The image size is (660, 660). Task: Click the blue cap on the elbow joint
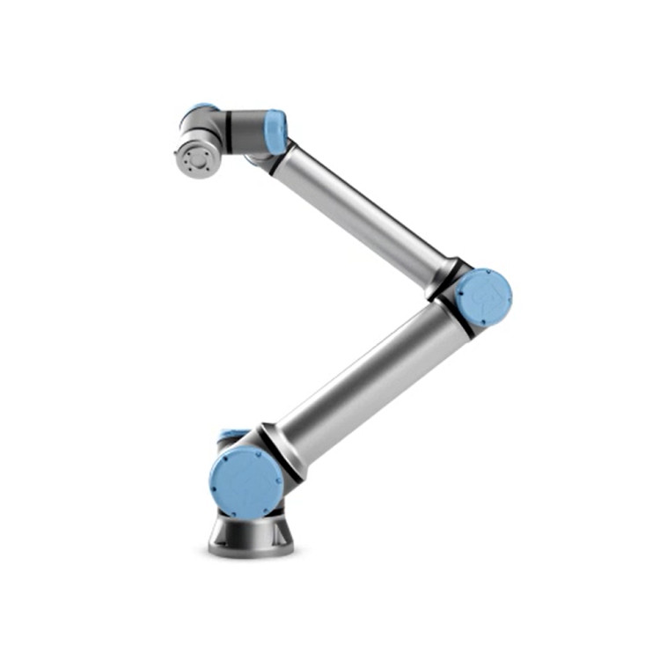point(484,297)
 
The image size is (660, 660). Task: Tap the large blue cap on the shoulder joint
point(246,482)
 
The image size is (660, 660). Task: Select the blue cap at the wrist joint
point(277,131)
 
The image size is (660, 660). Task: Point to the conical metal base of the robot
point(251,532)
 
